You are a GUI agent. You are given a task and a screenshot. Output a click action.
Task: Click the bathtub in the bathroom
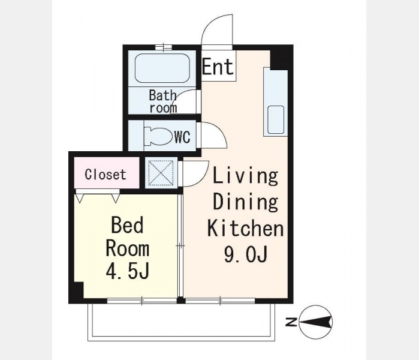click(162, 68)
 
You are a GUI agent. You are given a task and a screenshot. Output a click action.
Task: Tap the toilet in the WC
click(158, 136)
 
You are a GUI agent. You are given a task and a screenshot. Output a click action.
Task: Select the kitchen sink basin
click(276, 119)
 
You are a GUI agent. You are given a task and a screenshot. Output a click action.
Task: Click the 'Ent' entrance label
click(218, 67)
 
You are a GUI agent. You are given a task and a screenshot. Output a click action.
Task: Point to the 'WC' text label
click(182, 137)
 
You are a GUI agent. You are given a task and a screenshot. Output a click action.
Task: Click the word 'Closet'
click(105, 175)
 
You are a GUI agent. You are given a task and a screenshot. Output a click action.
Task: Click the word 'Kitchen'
click(246, 228)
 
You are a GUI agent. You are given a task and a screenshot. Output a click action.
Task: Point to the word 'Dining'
click(246, 202)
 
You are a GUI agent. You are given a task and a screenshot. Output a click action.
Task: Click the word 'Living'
click(246, 176)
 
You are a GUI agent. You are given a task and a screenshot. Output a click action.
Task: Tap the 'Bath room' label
click(163, 101)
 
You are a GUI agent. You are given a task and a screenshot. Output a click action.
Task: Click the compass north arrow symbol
click(316, 322)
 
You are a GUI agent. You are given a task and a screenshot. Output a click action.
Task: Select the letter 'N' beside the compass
click(291, 322)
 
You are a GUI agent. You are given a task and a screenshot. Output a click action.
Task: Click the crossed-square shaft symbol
click(161, 173)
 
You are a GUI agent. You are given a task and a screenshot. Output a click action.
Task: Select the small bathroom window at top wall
click(164, 47)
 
